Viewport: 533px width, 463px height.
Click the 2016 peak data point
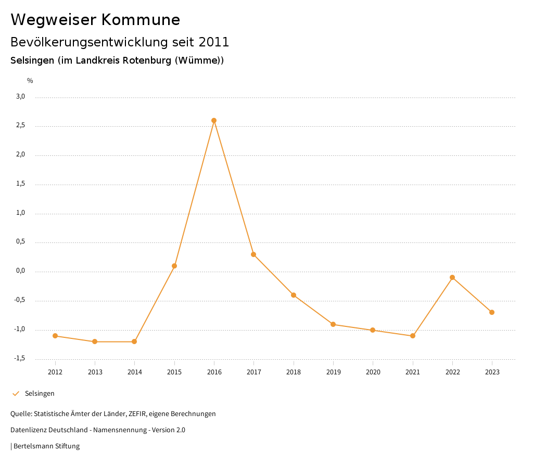pos(214,120)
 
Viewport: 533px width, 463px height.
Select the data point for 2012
pos(55,336)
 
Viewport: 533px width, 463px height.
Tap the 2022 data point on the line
pos(452,277)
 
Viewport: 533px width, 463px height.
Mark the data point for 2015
pos(174,266)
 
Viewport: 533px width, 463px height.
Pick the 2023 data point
pos(492,312)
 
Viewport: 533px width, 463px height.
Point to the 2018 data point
pos(294,295)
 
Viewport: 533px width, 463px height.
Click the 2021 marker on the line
pos(413,336)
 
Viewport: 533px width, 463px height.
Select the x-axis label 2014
pos(134,372)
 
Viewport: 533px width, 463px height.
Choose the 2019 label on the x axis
pos(333,372)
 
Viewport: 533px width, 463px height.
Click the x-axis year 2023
pos(492,372)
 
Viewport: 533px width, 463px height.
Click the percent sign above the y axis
pos(30,81)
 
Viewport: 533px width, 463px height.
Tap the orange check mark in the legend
pos(16,394)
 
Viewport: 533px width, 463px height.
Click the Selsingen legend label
pos(40,394)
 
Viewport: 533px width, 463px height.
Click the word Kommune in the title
pos(141,20)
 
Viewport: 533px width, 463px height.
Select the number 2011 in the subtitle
pos(214,42)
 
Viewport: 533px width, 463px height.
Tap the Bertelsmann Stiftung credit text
pos(46,446)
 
